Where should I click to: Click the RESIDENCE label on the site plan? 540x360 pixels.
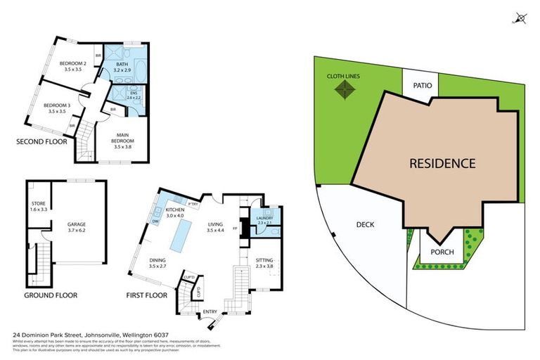tap(442, 164)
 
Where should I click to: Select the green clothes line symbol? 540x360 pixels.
tap(344, 89)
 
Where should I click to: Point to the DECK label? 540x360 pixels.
tap(365, 225)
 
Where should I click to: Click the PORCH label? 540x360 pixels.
tap(442, 252)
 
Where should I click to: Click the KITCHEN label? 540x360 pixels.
tap(174, 210)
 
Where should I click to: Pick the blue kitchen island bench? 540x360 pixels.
tap(184, 230)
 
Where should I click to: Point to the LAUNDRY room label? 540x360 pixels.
tap(266, 219)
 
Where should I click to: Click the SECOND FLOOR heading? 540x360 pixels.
tap(41, 141)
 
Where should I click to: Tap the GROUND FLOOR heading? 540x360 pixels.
tap(51, 295)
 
